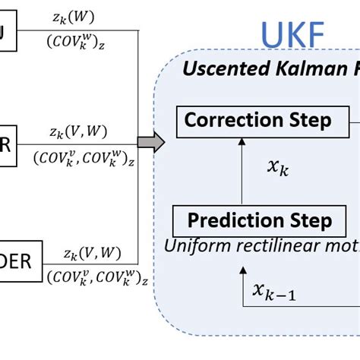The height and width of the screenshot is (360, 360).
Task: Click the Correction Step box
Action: (257, 121)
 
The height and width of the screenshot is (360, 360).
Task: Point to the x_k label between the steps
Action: (276, 169)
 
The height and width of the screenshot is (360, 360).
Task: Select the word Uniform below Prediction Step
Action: (197, 246)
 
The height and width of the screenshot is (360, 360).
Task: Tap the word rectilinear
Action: (270, 246)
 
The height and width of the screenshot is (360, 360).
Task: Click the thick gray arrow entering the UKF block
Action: (151, 142)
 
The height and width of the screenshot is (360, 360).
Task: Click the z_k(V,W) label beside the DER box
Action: (91, 254)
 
